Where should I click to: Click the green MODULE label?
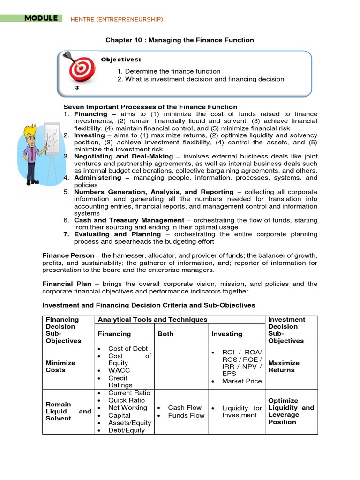(41, 18)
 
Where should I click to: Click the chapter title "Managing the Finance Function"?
(180, 40)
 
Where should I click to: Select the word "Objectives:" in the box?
(121, 60)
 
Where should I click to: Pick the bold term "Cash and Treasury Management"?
(129, 220)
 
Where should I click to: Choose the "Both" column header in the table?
(166, 334)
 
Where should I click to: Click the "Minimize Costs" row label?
(60, 366)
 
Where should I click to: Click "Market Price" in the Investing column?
(242, 381)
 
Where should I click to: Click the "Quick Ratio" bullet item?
(127, 400)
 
